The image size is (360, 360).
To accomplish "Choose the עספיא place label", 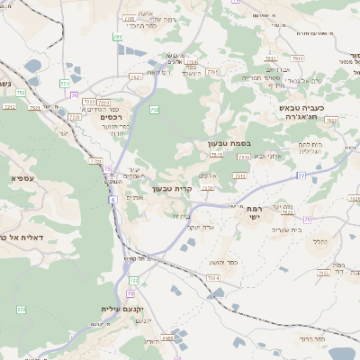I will tap(22, 178).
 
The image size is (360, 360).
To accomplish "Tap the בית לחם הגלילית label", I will tap(311, 148).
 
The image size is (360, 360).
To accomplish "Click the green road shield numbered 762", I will tap(154, 110).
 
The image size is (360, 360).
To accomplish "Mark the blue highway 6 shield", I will tap(113, 199).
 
